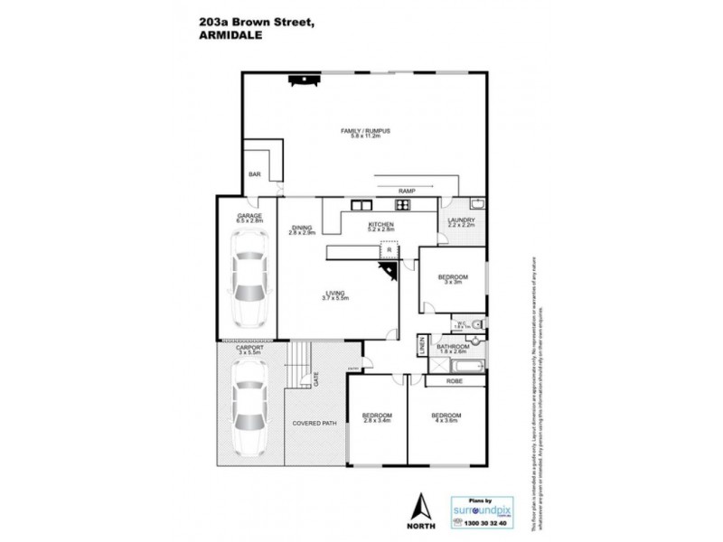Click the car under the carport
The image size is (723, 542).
pos(247,407)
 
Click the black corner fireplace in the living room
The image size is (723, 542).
pos(390,273)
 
